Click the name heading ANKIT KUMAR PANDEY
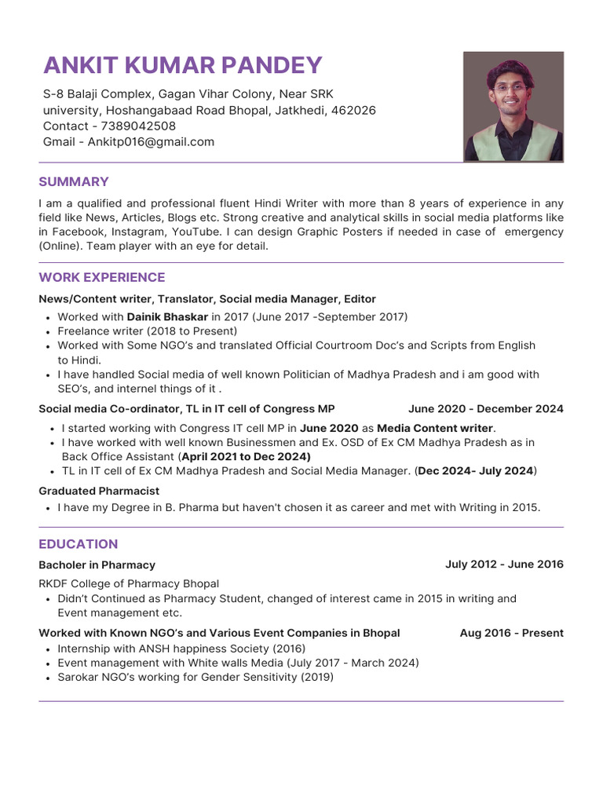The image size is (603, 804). pyautogui.click(x=182, y=65)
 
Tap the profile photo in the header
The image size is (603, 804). pyautogui.click(x=513, y=107)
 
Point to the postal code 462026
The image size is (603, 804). pyautogui.click(x=353, y=111)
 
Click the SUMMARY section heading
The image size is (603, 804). pyautogui.click(x=74, y=182)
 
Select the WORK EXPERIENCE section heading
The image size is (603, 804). pyautogui.click(x=102, y=278)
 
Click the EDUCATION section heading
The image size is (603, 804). pyautogui.click(x=79, y=544)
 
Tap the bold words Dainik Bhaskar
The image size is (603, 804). pyautogui.click(x=167, y=316)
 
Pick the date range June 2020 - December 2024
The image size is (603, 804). pyautogui.click(x=485, y=409)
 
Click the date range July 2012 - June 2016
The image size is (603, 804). pyautogui.click(x=504, y=565)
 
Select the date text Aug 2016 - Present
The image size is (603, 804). pyautogui.click(x=511, y=633)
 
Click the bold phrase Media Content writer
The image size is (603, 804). pyautogui.click(x=435, y=428)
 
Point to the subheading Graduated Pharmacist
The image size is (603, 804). pyautogui.click(x=99, y=491)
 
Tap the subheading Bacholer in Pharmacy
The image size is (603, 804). pyautogui.click(x=97, y=565)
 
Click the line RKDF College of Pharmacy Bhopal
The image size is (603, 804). pyautogui.click(x=129, y=583)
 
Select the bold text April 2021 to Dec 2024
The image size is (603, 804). pyautogui.click(x=246, y=456)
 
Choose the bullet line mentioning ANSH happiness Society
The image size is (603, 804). pyautogui.click(x=181, y=649)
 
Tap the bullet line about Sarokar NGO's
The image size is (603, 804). pyautogui.click(x=196, y=677)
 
